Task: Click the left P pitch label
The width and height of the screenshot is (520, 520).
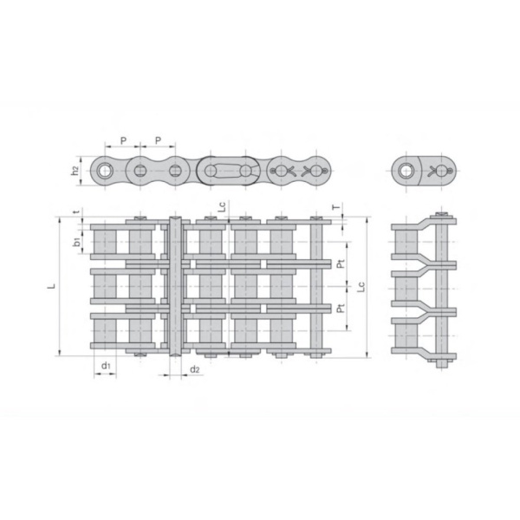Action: [123, 140]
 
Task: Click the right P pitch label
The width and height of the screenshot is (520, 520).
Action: [157, 140]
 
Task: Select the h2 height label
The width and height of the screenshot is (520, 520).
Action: [76, 170]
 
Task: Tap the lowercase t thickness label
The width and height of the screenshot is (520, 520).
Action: [76, 211]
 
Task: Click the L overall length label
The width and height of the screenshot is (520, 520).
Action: [52, 284]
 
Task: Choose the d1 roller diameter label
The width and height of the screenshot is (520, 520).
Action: [104, 367]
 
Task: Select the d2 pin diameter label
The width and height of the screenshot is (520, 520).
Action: [195, 370]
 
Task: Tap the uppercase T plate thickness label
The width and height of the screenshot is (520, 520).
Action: [336, 208]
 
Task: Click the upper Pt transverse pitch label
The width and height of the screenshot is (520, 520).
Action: [341, 263]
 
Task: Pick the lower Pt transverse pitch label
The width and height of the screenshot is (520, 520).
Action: [341, 308]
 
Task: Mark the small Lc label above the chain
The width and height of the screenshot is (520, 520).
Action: [223, 208]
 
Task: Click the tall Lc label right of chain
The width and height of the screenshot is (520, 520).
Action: [374, 285]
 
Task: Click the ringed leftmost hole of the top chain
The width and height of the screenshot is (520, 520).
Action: [105, 170]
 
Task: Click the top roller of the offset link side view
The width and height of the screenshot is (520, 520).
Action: [404, 244]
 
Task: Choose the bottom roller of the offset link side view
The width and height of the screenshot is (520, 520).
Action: [404, 334]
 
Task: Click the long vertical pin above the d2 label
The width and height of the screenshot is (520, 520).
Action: [176, 286]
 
